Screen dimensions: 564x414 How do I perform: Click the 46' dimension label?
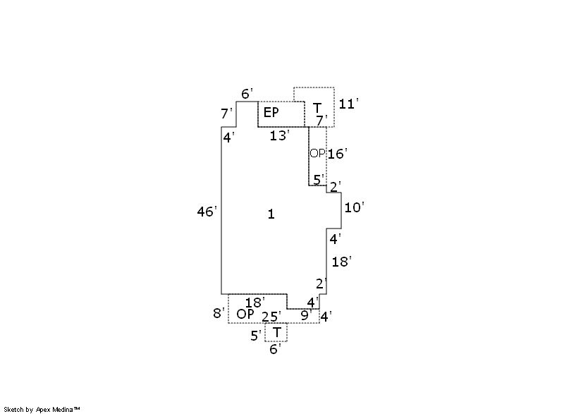click(207, 212)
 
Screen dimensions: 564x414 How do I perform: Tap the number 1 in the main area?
click(271, 214)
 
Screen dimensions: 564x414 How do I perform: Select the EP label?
click(271, 113)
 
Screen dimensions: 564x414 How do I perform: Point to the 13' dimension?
click(279, 135)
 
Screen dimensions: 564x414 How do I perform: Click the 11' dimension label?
click(348, 104)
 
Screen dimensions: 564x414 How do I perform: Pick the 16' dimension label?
click(338, 154)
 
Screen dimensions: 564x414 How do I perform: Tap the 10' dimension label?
click(355, 207)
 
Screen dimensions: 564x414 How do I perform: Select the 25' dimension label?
click(271, 317)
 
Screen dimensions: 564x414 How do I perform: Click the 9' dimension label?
click(306, 315)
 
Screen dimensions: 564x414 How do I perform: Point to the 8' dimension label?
click(219, 313)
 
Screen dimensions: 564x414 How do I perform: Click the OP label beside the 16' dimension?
click(317, 153)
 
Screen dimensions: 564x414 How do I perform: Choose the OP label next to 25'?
click(245, 314)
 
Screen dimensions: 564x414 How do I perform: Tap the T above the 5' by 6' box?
click(276, 332)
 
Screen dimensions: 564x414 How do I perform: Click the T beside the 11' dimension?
click(317, 108)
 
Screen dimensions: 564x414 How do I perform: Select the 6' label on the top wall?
click(247, 94)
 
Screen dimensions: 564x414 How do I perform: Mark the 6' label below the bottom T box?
click(275, 349)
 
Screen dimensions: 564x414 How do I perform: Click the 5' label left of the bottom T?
click(256, 336)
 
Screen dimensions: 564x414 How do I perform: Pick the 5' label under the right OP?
click(319, 179)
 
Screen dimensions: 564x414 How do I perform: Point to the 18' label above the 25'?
click(255, 303)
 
